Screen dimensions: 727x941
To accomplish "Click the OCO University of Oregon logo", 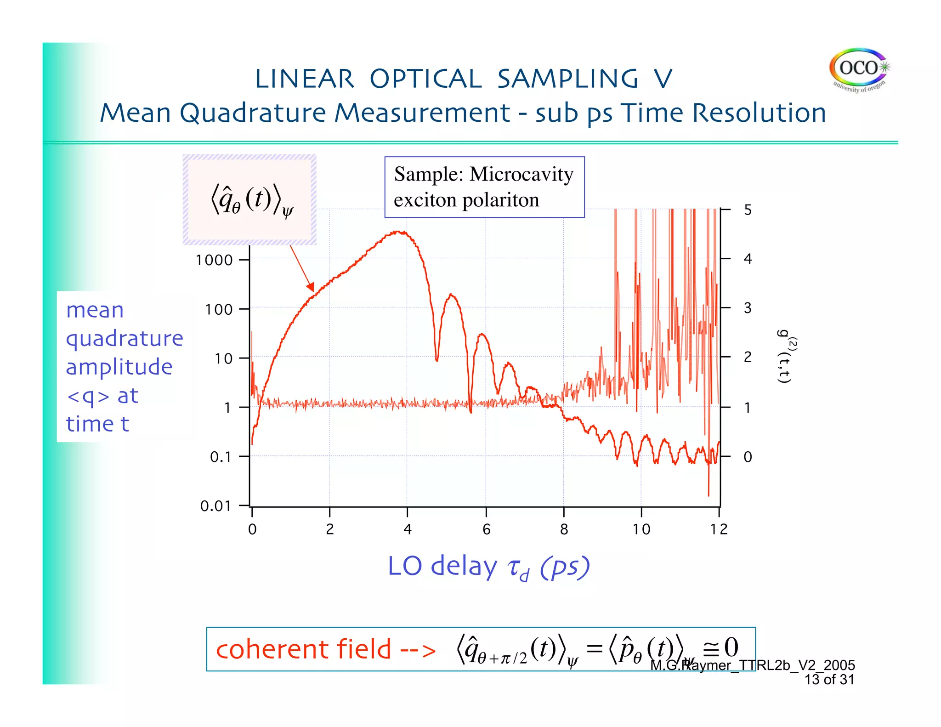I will click(859, 71).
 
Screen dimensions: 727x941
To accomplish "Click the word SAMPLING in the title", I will click(568, 79).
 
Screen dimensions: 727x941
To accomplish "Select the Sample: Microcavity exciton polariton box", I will click(484, 187).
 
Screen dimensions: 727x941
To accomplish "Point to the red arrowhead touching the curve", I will click(312, 288).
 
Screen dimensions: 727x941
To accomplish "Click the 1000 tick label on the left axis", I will click(214, 261).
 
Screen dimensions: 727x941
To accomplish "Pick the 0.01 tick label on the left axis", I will click(215, 506).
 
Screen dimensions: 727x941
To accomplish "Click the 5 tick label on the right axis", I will click(748, 210).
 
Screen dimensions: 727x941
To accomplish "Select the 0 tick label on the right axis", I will click(748, 457).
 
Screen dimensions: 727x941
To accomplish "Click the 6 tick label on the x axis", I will click(487, 530).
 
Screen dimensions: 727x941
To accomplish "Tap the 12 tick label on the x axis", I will click(719, 530).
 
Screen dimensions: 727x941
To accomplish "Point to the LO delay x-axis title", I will click(489, 567).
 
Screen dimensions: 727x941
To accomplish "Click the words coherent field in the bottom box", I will click(303, 649).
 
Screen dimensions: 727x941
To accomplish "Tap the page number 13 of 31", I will click(829, 680).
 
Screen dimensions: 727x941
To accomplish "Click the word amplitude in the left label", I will click(119, 367).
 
